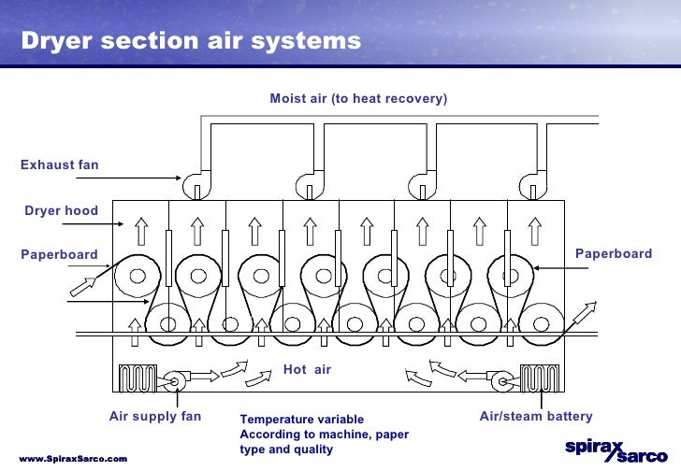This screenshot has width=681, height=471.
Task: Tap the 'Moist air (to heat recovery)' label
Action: [x=358, y=98]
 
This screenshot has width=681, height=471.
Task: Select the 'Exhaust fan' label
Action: [x=59, y=165]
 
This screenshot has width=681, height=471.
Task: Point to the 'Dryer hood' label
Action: [x=61, y=211]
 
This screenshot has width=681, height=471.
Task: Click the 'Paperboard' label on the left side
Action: [x=59, y=254]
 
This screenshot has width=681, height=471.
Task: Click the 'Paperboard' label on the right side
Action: [x=613, y=254]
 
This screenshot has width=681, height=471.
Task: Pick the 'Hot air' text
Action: [x=307, y=370]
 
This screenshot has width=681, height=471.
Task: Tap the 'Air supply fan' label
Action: [x=154, y=417]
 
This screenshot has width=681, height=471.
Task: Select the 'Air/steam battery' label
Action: [x=536, y=417]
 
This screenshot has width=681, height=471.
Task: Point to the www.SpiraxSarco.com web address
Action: [x=73, y=460]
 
